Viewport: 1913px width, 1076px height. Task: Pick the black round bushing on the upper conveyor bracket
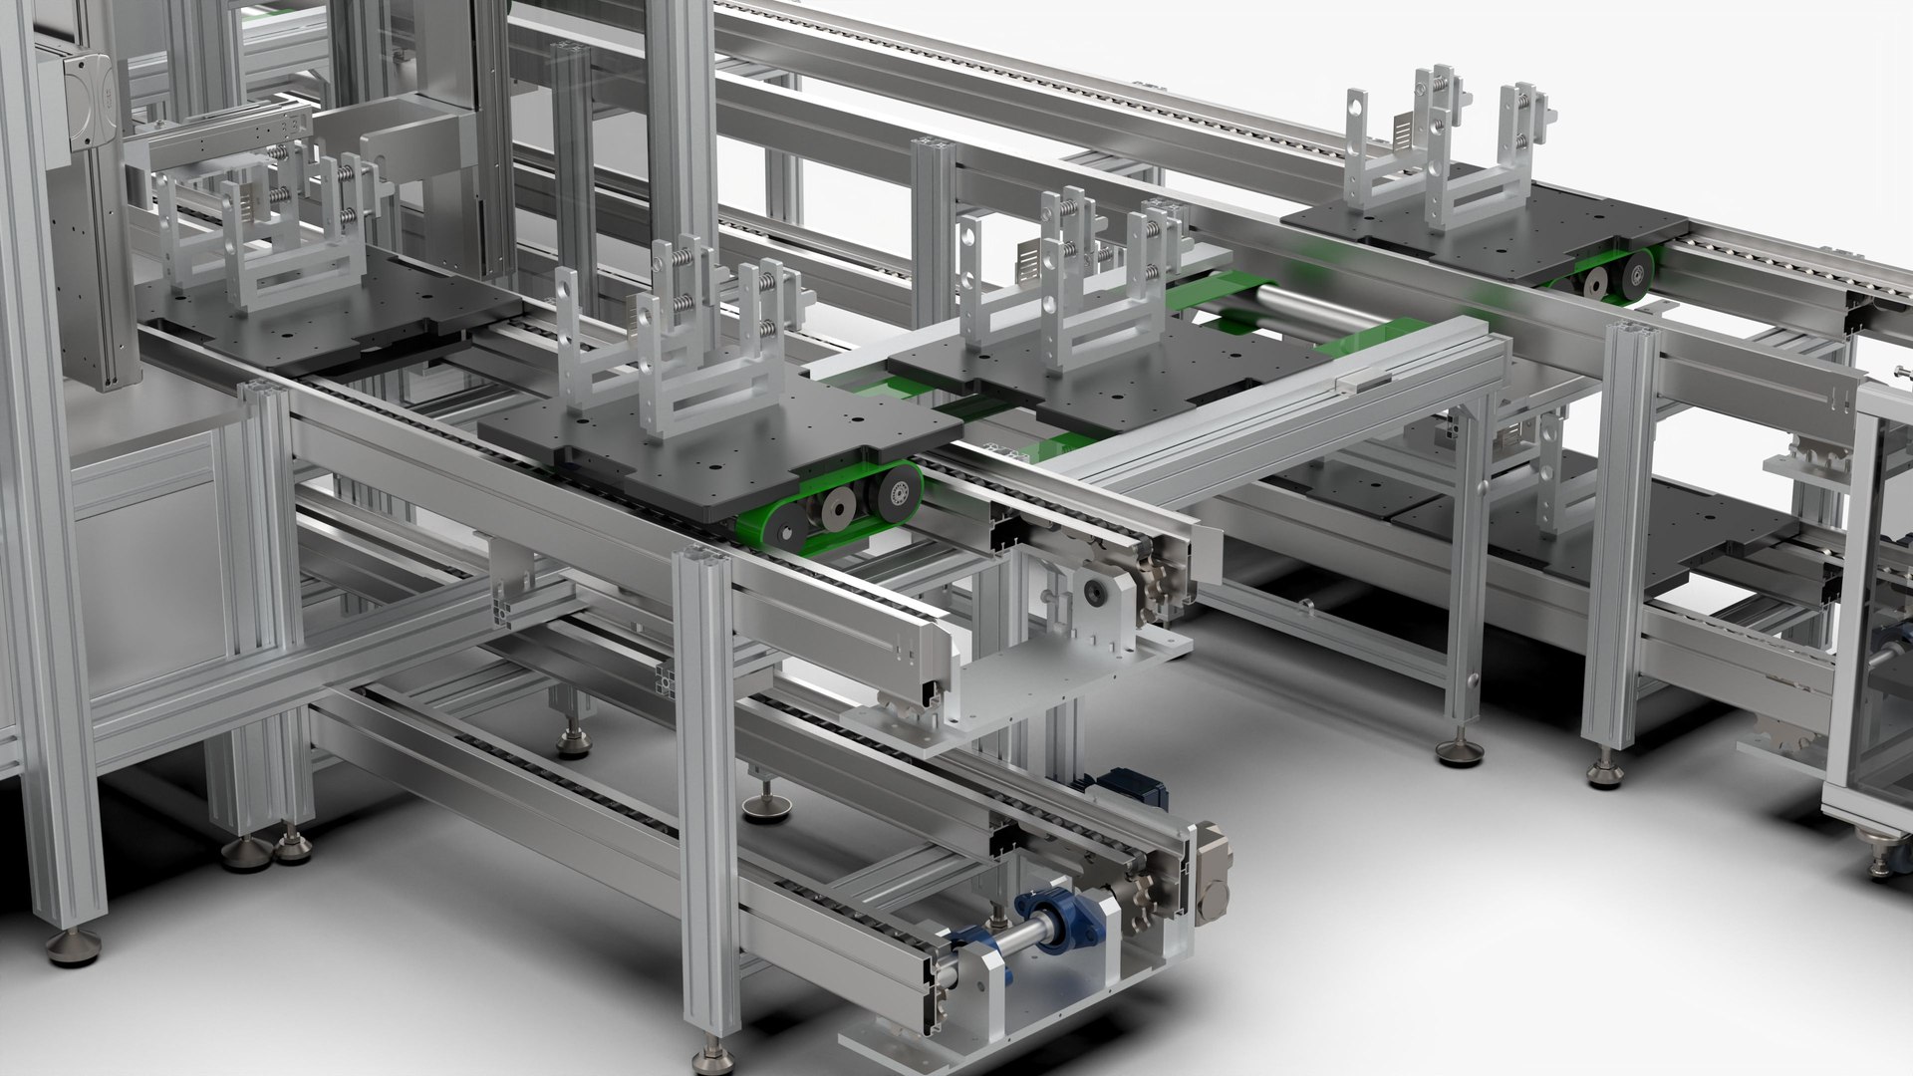pyautogui.click(x=1096, y=592)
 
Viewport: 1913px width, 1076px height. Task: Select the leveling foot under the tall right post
pyautogui.click(x=1603, y=772)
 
